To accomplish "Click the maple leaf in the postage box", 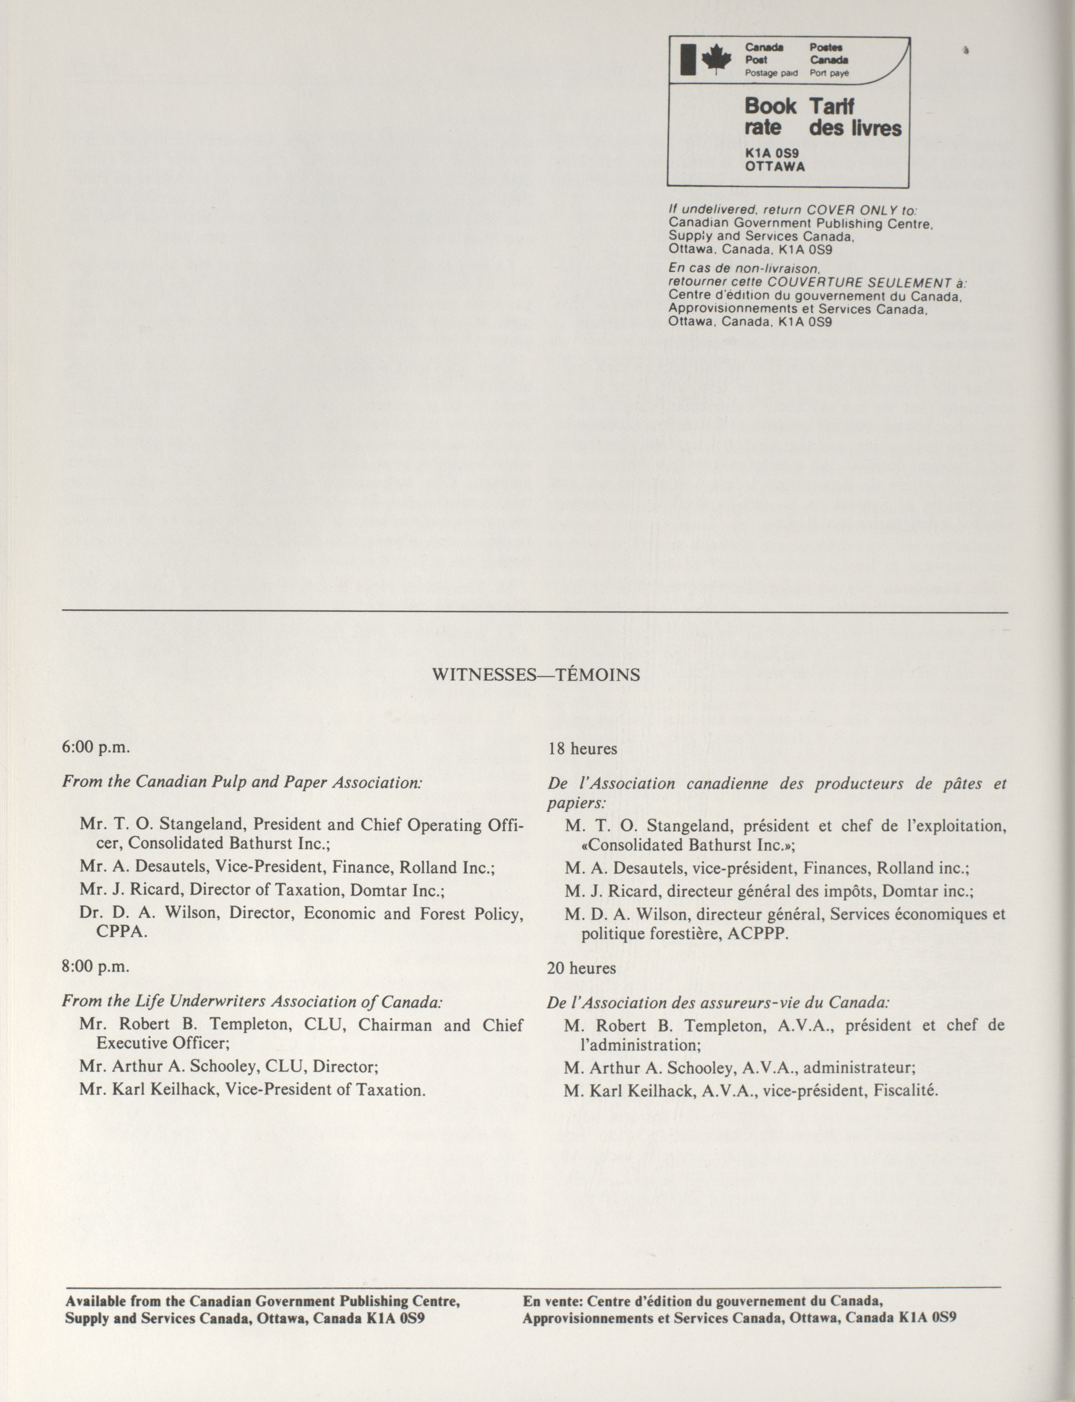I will pos(716,60).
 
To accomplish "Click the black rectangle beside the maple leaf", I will pos(688,60).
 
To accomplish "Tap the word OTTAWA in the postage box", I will pos(775,166).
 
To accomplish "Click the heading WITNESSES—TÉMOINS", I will pos(536,675).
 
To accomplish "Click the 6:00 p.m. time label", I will pos(96,747).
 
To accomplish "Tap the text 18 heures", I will pos(582,749).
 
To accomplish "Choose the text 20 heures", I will pos(581,968).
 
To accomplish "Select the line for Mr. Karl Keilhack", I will pos(252,1090).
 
